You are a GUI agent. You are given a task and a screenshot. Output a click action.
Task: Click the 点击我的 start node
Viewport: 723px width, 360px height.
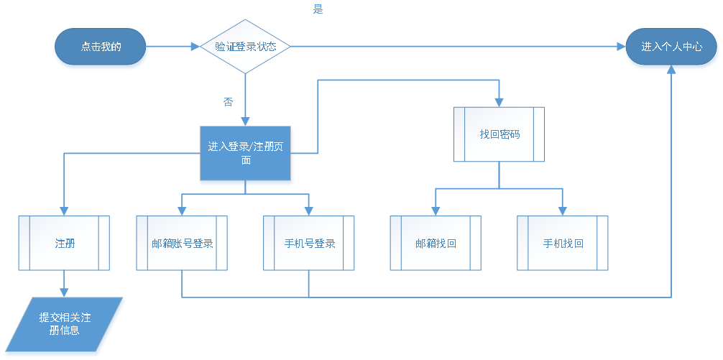point(101,47)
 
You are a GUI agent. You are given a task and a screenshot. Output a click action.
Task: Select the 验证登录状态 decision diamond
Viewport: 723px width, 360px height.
point(245,47)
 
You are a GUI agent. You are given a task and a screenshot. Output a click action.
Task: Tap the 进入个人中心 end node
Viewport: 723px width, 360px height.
point(671,47)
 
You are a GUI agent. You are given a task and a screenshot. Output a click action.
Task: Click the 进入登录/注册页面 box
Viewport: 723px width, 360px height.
point(246,153)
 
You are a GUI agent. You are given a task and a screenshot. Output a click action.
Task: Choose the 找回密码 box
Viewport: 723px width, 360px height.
point(499,134)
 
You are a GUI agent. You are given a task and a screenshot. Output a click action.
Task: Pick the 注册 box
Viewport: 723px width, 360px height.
point(65,243)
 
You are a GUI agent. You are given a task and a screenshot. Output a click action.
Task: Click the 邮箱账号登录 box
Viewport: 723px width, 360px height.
point(182,243)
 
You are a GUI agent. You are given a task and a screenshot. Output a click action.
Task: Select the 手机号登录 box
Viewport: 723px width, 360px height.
point(309,243)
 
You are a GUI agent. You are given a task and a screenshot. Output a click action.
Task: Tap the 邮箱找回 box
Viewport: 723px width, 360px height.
point(436,243)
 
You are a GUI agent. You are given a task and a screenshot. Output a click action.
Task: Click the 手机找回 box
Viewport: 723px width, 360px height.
point(563,243)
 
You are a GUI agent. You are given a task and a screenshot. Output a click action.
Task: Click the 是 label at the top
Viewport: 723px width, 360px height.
point(318,9)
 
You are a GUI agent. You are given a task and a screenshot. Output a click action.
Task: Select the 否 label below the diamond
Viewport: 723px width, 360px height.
point(228,102)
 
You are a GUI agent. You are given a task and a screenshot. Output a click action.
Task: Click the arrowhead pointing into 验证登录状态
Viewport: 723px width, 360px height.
point(195,47)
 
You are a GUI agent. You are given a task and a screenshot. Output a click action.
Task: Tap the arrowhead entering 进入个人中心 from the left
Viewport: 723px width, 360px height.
point(620,47)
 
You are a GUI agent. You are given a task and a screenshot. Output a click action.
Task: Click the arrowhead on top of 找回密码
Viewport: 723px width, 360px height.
point(499,101)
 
